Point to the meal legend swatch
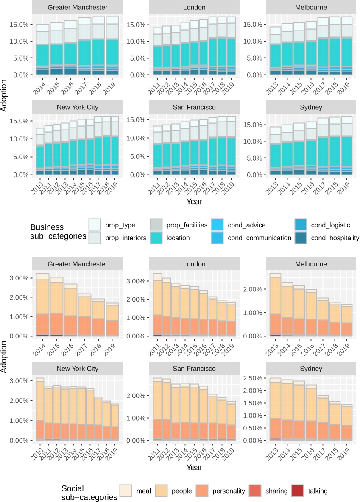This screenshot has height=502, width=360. click(126, 491)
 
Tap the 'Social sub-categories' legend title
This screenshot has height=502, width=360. click(89, 493)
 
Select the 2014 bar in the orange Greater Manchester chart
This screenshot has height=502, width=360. click(42, 305)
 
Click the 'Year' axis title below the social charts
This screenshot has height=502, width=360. click(193, 468)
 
